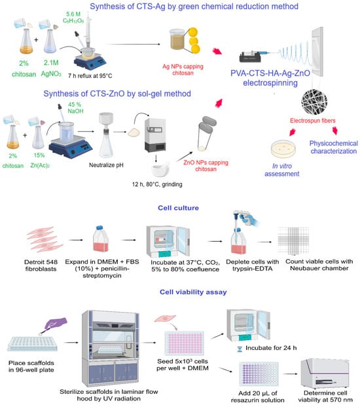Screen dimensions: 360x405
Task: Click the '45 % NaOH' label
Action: pos(75,108)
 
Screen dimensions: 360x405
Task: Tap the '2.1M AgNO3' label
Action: pos(51,68)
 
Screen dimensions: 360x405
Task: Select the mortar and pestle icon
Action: pos(160,170)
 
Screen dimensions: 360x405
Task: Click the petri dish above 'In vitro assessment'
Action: pos(283,149)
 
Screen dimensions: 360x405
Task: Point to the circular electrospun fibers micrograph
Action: pos(314,102)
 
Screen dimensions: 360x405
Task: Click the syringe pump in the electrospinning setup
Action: pos(251,56)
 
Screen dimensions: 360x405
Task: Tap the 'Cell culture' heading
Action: pos(178,208)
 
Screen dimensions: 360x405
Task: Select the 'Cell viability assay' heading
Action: pos(193,292)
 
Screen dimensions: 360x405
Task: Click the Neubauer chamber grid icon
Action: pos(293,241)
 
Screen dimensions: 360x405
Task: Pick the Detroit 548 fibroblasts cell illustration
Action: pos(45,239)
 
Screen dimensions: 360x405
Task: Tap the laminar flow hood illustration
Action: pos(111,348)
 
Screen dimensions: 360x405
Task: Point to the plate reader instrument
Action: pos(325,374)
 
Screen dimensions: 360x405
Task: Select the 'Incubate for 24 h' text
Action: pos(271,348)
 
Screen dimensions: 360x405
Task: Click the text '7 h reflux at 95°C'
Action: pos(90,75)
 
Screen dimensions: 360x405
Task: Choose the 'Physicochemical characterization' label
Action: pos(333,147)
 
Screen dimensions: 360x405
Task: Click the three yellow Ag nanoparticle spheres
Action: pos(194,41)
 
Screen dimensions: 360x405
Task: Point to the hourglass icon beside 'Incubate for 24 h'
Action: pos(240,349)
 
